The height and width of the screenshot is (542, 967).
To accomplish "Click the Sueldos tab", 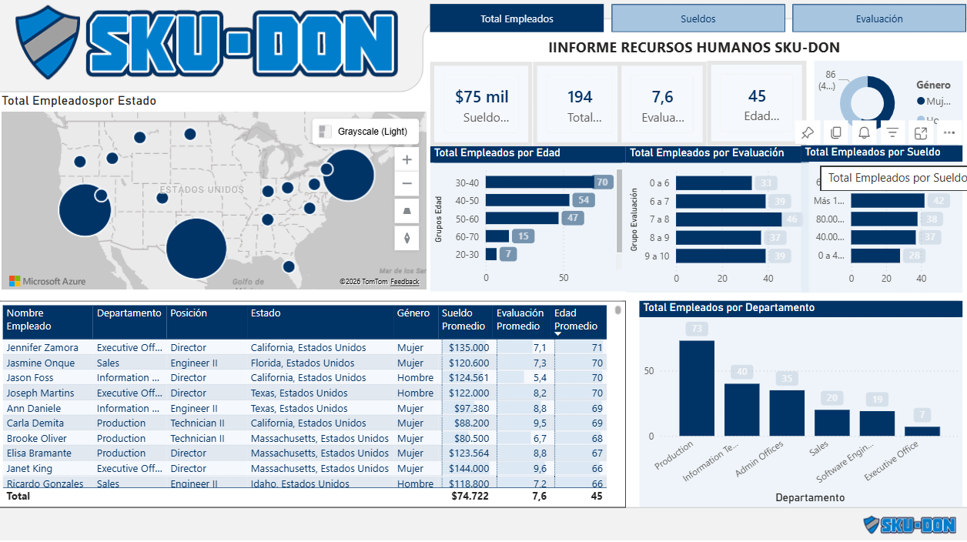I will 698,18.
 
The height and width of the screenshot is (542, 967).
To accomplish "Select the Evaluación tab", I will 878,18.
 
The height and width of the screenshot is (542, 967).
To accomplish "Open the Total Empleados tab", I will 517,18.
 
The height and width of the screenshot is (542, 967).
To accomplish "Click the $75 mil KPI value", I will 481,97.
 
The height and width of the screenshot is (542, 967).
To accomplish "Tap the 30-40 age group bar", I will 539,182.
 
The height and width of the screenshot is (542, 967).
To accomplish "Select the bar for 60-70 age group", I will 497,236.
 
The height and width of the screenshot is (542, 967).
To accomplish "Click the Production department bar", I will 696,388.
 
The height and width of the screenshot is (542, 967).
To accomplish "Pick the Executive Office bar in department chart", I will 922,431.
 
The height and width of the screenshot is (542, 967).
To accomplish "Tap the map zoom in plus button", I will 407,160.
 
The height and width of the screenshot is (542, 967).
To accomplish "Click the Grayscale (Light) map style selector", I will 366,132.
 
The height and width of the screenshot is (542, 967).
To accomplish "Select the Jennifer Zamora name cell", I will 42,348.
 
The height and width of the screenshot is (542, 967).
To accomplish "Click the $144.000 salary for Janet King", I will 469,468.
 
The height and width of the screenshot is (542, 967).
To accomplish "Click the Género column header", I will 413,313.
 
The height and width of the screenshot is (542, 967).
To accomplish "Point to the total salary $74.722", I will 470,497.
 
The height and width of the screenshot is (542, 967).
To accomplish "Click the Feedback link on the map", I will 404,282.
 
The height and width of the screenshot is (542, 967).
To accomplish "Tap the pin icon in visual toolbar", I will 807,132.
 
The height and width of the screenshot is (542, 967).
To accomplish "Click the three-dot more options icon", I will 949,132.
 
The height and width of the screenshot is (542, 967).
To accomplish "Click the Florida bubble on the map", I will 288,266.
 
